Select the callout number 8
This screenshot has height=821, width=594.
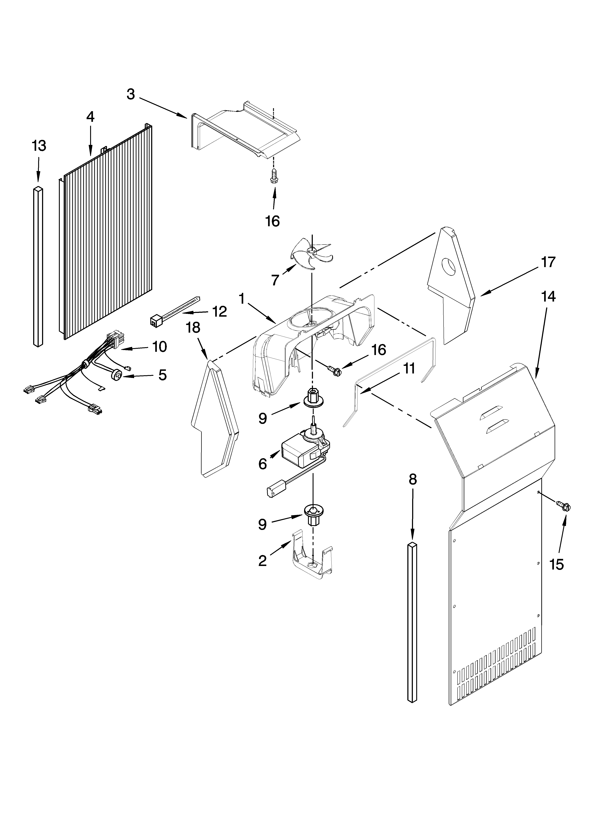click(412, 480)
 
